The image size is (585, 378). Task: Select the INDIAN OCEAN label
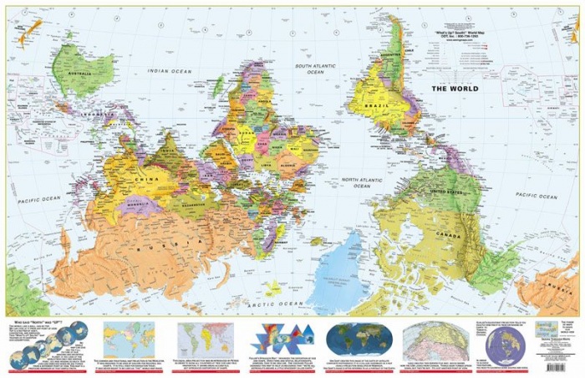click(170, 71)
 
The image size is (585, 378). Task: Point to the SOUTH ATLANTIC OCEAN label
click(314, 69)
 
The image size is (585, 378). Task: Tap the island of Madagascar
click(218, 85)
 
